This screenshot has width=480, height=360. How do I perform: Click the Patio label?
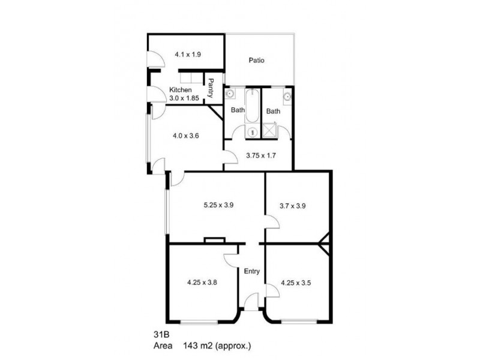(257, 60)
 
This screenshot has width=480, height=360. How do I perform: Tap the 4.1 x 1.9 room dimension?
(187, 54)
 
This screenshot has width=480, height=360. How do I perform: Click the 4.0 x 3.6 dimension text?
(185, 136)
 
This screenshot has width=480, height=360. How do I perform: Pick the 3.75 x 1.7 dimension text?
(261, 155)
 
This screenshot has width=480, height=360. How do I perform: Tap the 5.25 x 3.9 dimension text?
(218, 205)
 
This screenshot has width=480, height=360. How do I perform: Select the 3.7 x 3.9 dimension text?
(293, 205)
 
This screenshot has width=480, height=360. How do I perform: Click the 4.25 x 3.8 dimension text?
(202, 281)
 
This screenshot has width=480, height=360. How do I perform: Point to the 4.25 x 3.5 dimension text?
(297, 281)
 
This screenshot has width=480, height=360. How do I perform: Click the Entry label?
(252, 271)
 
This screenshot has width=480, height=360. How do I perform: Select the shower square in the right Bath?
(271, 131)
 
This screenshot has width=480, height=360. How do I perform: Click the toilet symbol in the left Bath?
(252, 131)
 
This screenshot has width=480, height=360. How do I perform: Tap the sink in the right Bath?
(287, 96)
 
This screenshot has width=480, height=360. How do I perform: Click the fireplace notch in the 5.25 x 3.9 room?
(214, 240)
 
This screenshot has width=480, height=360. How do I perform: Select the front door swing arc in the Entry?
(253, 298)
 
